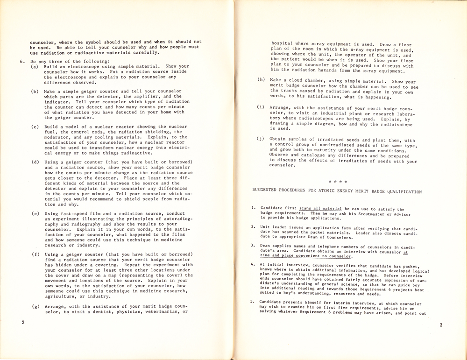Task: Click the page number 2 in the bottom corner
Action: pyautogui.click(x=23, y=323)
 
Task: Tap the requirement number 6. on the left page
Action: pyautogui.click(x=21, y=61)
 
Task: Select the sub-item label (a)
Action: pyautogui.click(x=35, y=67)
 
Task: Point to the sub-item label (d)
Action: pyautogui.click(x=35, y=162)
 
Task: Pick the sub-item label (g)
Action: pyautogui.click(x=35, y=307)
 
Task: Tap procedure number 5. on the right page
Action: pyautogui.click(x=253, y=302)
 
